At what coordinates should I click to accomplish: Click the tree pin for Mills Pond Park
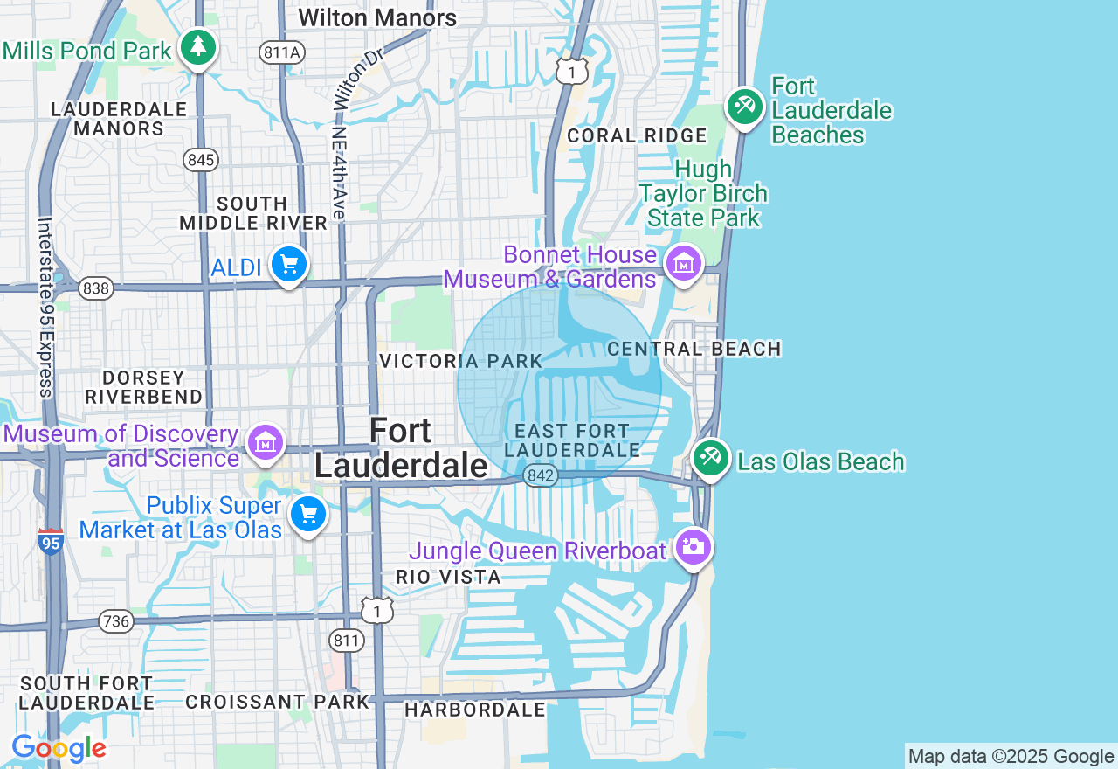point(198,47)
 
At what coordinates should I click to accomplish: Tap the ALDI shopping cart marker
point(289,263)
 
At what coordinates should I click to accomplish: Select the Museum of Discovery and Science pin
point(266,442)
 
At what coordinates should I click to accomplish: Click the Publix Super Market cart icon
point(307,514)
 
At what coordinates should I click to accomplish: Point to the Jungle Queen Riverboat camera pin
point(694,547)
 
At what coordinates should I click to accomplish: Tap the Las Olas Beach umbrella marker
point(711,457)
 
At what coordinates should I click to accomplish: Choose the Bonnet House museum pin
point(684,261)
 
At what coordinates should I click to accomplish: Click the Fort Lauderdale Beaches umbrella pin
point(745,107)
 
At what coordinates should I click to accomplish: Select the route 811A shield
point(281,52)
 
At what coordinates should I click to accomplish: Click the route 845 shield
point(201,160)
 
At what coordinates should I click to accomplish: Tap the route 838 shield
point(95,288)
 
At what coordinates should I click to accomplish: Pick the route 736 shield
point(115,621)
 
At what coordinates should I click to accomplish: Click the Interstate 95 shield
point(52,543)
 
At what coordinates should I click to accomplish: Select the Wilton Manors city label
point(377,17)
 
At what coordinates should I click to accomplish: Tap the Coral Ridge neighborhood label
point(637,135)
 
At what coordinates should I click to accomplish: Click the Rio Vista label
point(448,577)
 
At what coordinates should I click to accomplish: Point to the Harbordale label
point(475,710)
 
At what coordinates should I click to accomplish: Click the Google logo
point(59,749)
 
